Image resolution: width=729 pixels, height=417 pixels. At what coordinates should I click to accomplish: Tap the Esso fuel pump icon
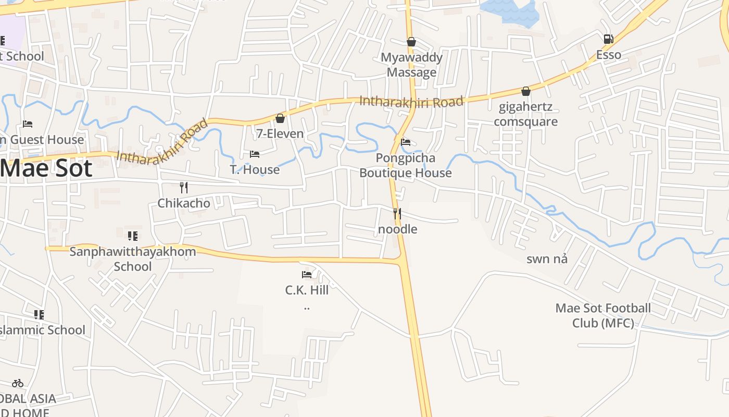coord(608,39)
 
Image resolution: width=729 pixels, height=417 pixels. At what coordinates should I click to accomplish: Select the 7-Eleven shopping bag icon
coord(280,119)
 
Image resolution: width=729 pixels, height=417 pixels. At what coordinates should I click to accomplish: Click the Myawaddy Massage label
coord(411,65)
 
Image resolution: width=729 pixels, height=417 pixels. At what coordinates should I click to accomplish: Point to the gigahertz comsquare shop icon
coord(526,92)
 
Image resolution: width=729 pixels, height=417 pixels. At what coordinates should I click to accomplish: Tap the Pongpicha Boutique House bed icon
coord(406,142)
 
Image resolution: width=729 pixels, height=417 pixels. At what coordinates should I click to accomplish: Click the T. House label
coord(255,169)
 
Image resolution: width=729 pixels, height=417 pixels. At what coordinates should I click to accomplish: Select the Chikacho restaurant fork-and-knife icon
coord(183,188)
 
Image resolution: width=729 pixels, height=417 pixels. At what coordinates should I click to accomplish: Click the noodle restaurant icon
coord(397,214)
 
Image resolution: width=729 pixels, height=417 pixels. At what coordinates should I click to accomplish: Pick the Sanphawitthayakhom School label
coord(133,259)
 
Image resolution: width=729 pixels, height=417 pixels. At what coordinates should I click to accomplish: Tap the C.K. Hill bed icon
coord(307,275)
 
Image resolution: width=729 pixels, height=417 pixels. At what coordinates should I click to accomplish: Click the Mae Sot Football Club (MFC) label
coord(603,315)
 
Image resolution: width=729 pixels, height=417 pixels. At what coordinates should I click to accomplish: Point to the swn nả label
coord(547,259)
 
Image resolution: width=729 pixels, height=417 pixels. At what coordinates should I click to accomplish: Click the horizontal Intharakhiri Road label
coord(411,101)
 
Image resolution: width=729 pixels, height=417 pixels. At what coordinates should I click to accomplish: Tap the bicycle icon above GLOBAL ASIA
coord(18,383)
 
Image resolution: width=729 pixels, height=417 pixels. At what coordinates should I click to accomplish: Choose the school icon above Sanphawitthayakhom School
coord(132,236)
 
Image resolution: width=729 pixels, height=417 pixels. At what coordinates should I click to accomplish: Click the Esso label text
coord(608,55)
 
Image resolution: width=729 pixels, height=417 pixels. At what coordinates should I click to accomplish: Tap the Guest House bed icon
coord(28,124)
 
